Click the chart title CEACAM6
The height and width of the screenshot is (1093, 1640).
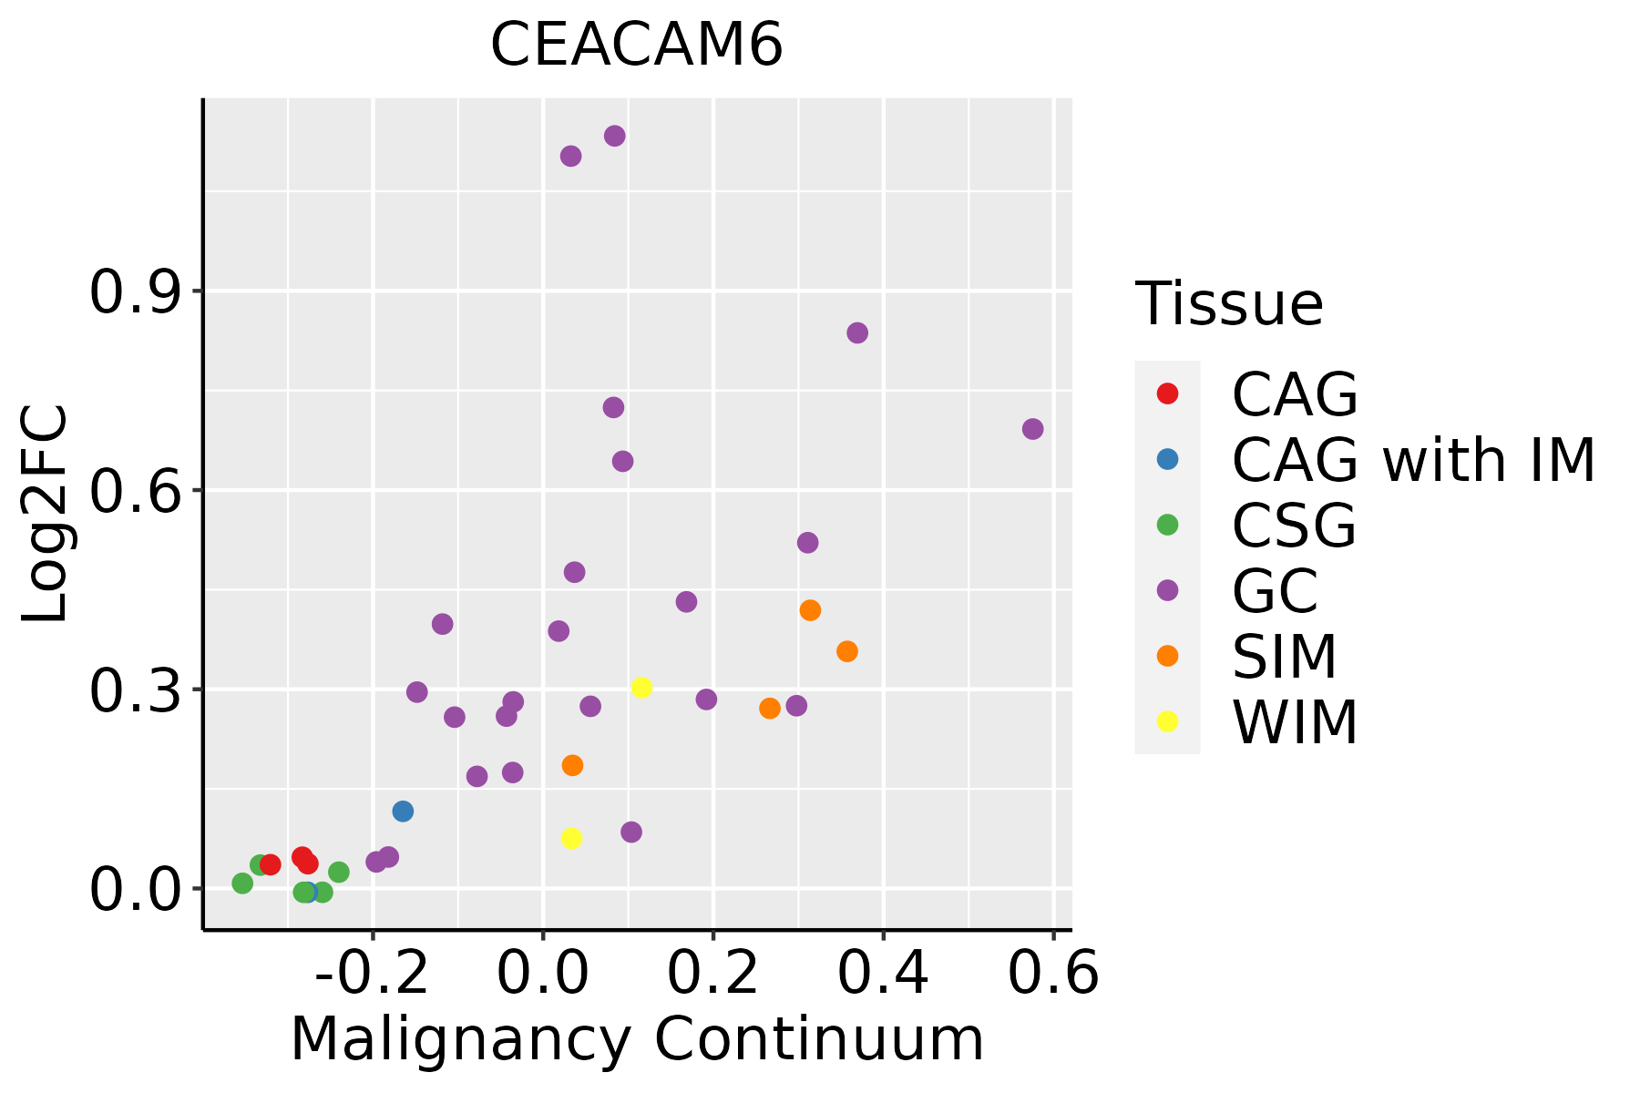637,45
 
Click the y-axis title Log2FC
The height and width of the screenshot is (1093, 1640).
46,515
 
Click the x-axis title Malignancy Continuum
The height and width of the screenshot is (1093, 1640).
637,1039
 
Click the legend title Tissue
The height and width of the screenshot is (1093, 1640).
1229,304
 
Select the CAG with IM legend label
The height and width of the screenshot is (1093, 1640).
1413,460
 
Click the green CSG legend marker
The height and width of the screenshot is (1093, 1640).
1167,525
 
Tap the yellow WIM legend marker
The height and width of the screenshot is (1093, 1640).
1167,721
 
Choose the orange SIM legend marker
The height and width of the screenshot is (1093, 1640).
1167,656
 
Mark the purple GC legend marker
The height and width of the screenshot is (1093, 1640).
1167,590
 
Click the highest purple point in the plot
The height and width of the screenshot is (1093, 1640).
615,136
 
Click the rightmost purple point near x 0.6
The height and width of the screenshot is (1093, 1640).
1032,429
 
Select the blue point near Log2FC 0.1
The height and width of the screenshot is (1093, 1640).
403,811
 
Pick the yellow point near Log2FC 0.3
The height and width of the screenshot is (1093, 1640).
641,688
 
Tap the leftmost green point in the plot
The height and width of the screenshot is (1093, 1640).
242,883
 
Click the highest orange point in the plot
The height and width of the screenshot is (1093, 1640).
810,610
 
